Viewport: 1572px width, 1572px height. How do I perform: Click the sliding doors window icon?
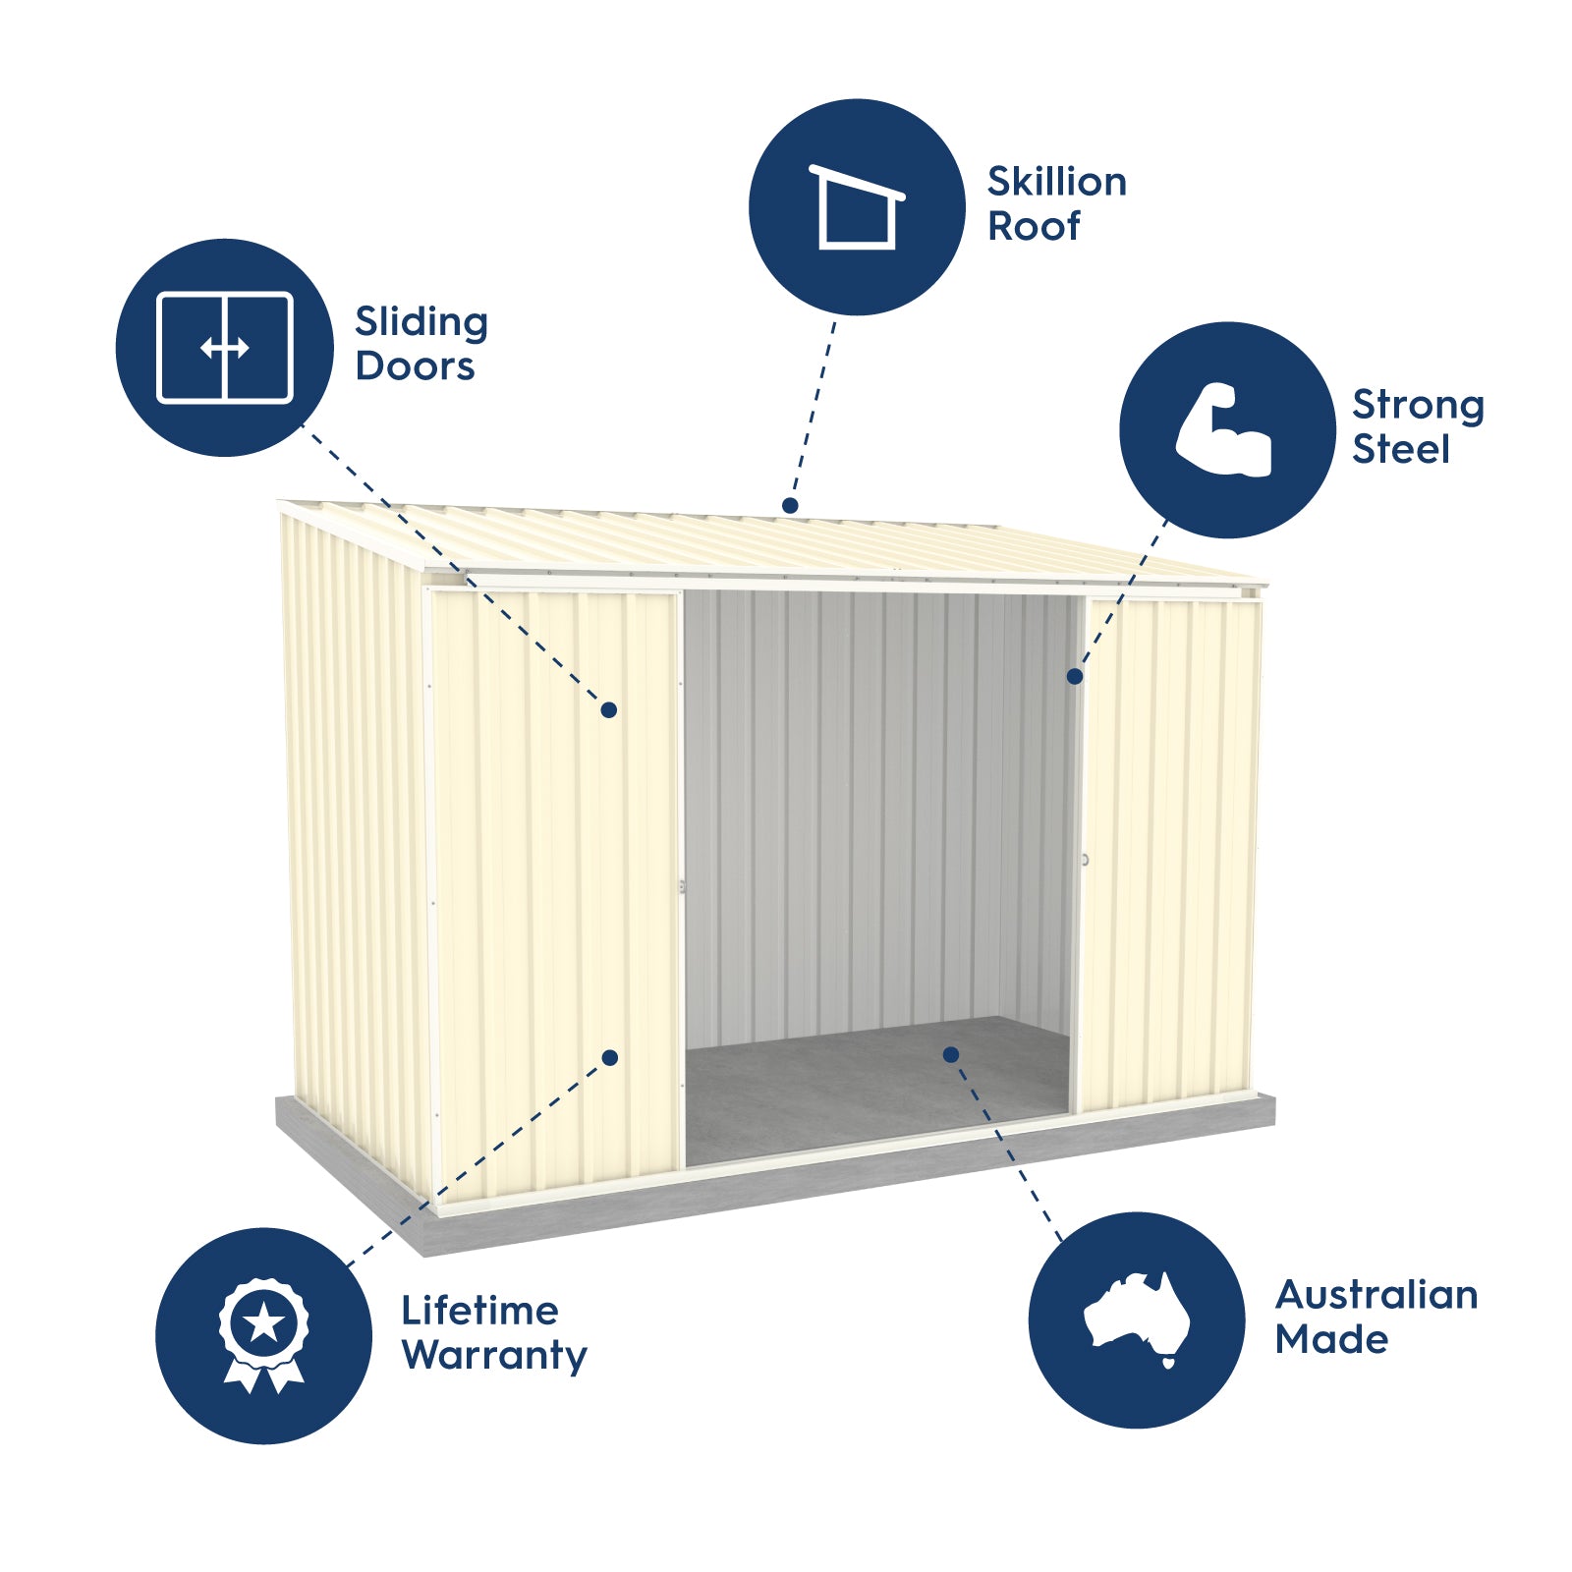click(x=225, y=347)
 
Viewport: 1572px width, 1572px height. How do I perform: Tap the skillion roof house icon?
click(x=857, y=206)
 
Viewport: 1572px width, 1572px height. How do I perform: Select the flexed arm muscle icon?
click(x=1224, y=429)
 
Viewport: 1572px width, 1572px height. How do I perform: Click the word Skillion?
click(x=1056, y=182)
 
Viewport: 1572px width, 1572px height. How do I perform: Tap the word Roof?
click(x=1034, y=226)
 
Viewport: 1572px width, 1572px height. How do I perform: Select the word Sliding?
click(x=421, y=324)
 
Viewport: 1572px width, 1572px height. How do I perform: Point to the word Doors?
click(x=415, y=366)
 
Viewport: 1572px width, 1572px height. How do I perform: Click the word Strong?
click(x=1418, y=407)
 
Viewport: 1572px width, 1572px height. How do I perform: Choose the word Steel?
click(x=1400, y=449)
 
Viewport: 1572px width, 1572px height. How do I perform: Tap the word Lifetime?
click(x=479, y=1311)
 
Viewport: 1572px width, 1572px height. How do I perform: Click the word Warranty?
click(x=494, y=1357)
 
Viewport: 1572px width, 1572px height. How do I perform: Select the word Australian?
click(x=1376, y=1295)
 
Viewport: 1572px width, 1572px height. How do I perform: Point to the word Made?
click(x=1331, y=1339)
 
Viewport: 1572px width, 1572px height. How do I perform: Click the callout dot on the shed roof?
click(x=790, y=505)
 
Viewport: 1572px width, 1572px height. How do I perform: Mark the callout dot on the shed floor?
click(x=951, y=1054)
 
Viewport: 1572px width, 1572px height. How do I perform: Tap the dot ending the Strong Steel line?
click(x=1075, y=676)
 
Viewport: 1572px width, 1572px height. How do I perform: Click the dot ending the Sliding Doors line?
click(x=609, y=709)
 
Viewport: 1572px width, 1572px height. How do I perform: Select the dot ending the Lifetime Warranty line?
click(x=610, y=1057)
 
